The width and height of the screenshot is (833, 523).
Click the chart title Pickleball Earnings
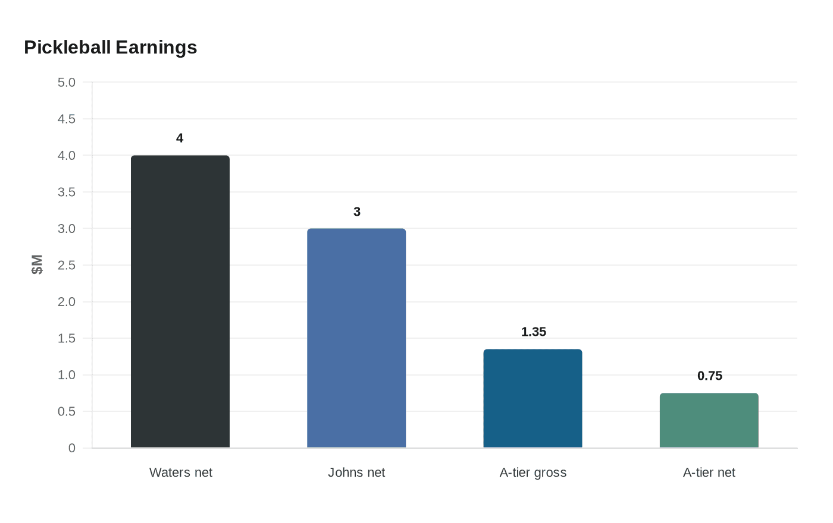point(110,48)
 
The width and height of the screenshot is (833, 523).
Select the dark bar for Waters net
point(180,301)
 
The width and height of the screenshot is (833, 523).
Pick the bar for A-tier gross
point(533,398)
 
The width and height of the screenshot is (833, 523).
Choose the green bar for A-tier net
point(709,420)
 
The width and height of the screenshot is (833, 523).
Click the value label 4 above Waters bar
point(180,138)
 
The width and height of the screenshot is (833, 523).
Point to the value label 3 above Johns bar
point(357,212)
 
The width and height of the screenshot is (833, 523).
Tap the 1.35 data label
point(533,332)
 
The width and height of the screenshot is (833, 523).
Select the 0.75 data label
point(709,376)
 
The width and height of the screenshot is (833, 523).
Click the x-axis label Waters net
point(180,472)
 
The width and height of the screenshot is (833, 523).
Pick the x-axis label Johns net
point(356,472)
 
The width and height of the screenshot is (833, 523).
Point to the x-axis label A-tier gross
point(533,472)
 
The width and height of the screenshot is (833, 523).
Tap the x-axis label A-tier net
point(709,472)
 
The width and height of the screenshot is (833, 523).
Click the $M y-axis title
point(37,264)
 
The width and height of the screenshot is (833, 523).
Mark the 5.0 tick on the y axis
point(67,83)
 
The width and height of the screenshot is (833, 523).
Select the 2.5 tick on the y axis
point(67,266)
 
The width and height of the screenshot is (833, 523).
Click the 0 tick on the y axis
point(72,448)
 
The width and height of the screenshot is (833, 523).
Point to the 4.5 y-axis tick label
point(67,119)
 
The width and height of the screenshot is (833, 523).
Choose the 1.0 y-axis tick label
point(67,375)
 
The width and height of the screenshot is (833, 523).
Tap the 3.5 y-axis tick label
point(67,193)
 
